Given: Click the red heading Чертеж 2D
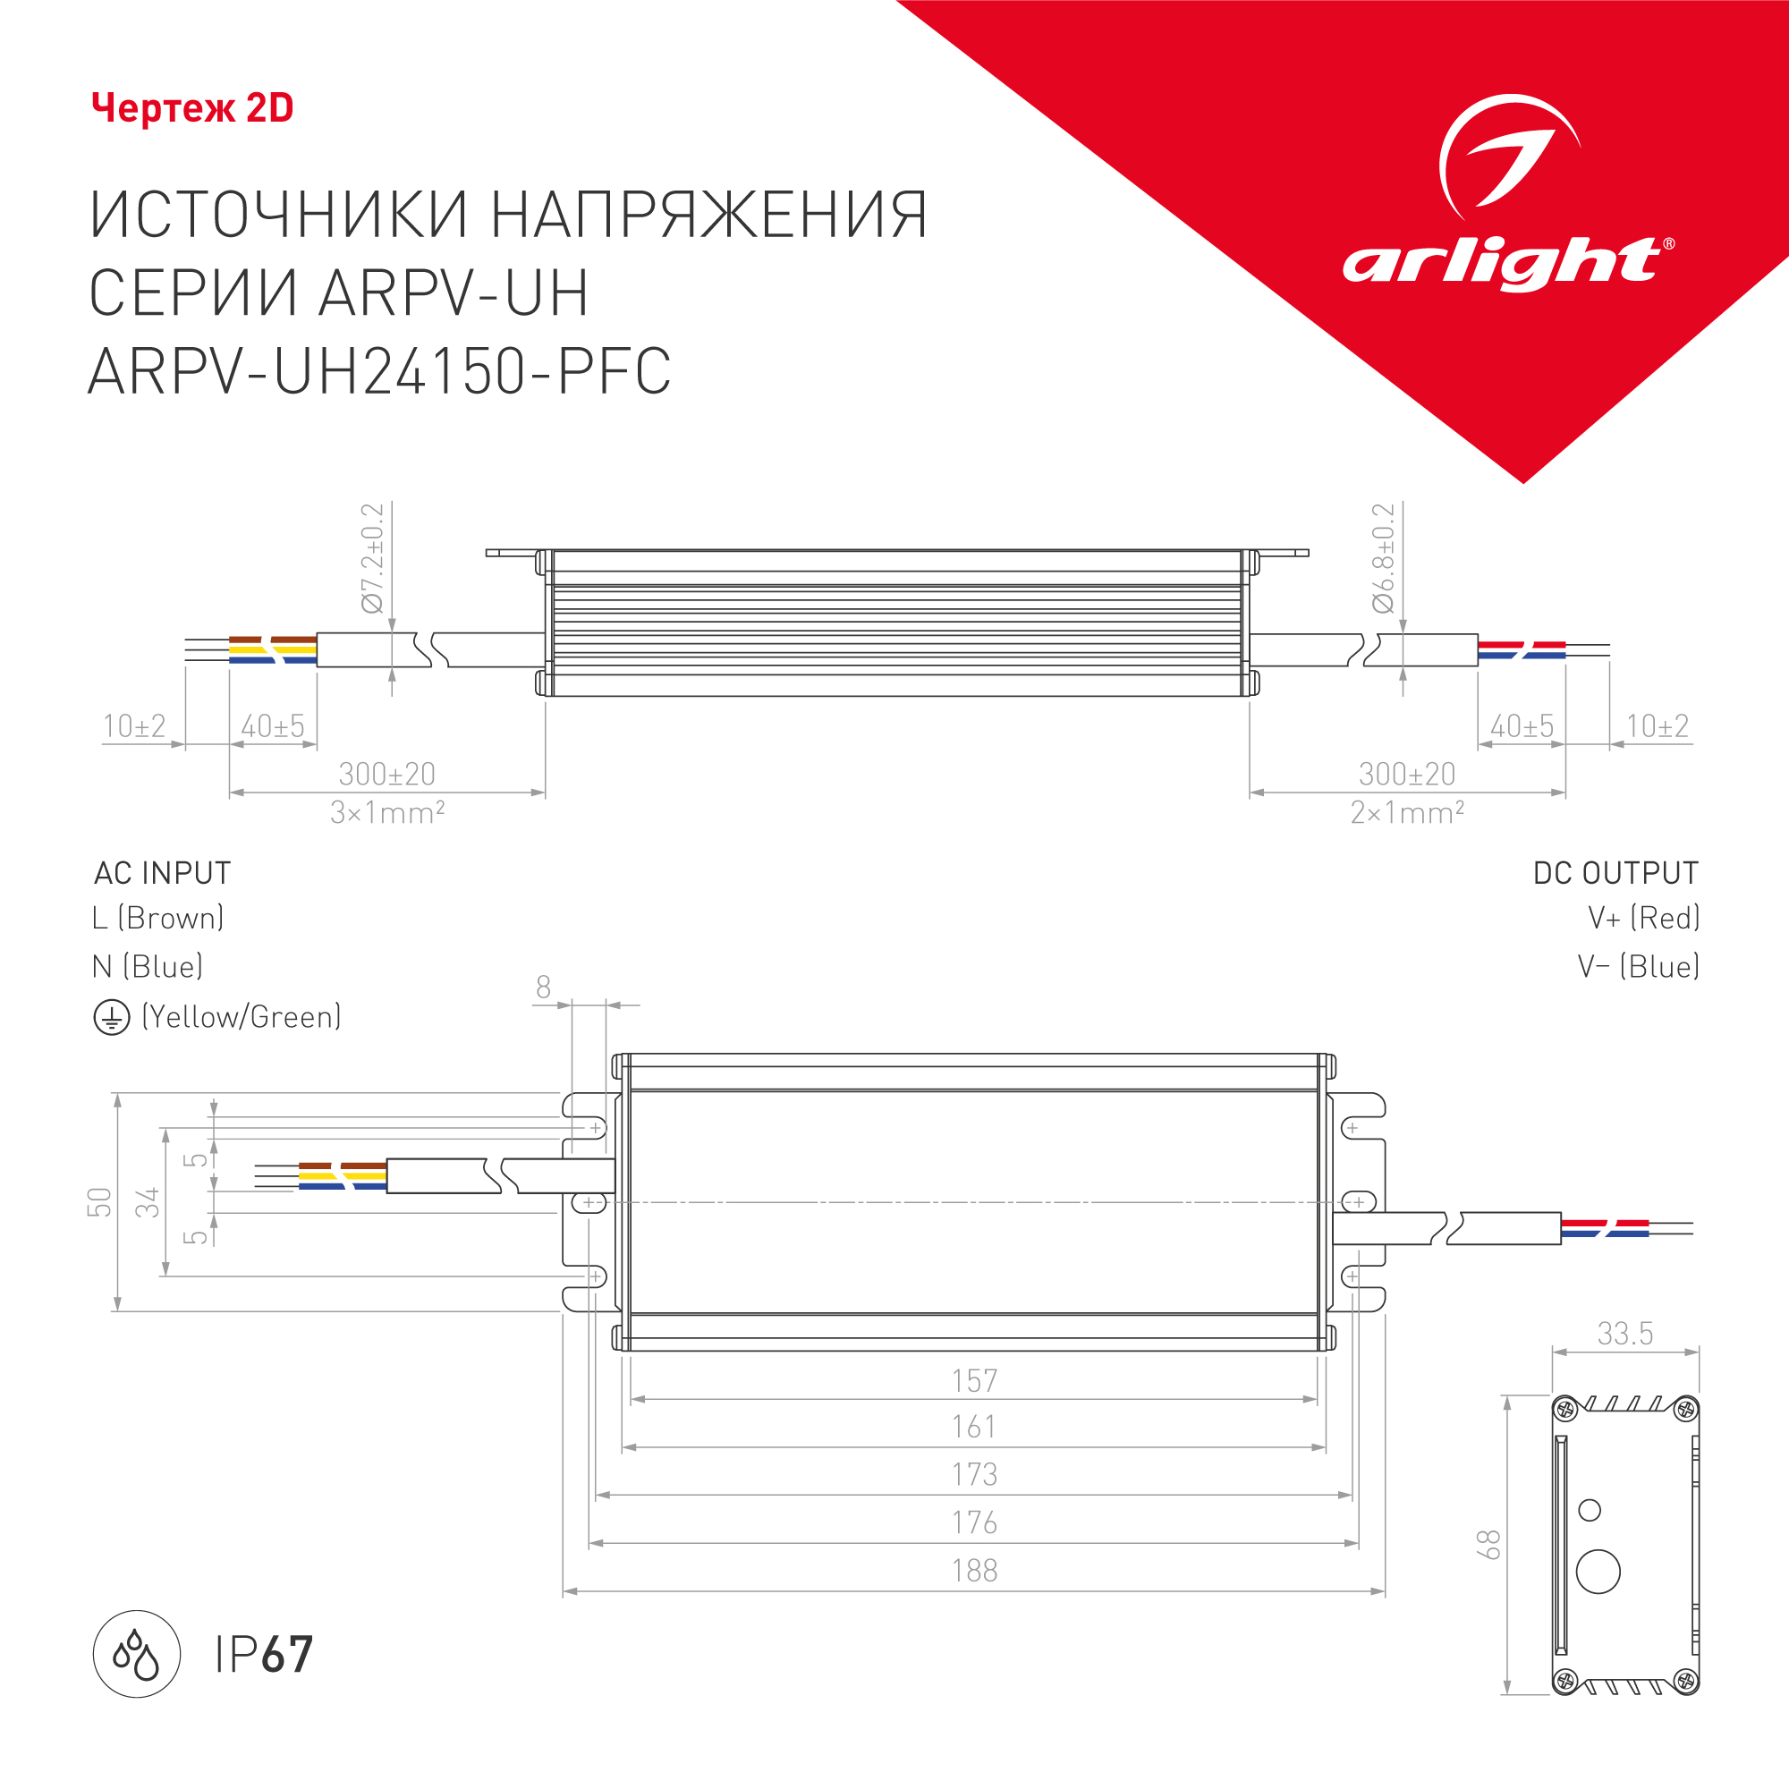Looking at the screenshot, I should tap(192, 108).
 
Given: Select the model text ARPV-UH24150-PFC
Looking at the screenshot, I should tap(378, 371).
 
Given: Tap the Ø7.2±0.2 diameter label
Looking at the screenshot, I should tap(372, 558).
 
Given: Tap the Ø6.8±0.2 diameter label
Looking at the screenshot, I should tap(1383, 558).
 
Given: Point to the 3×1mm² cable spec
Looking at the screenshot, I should tap(387, 813).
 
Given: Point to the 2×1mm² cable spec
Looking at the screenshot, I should tap(1406, 813).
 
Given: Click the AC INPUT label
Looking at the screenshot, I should tap(162, 873).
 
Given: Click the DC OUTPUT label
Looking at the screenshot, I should tap(1615, 873).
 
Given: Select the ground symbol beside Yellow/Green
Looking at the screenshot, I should tap(111, 1018).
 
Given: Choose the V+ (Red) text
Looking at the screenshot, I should tap(1643, 919).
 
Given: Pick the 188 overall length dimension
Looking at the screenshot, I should tap(974, 1572).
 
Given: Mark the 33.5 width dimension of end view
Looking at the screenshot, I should tap(1625, 1335).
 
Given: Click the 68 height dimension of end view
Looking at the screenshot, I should tap(1488, 1545).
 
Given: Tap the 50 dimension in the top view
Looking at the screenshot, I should tap(99, 1202).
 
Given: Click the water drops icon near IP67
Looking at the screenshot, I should tap(136, 1654).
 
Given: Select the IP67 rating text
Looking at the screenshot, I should tap(264, 1655).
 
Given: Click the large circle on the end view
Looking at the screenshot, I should tap(1598, 1572).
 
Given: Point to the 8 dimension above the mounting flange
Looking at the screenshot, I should tap(544, 988).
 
